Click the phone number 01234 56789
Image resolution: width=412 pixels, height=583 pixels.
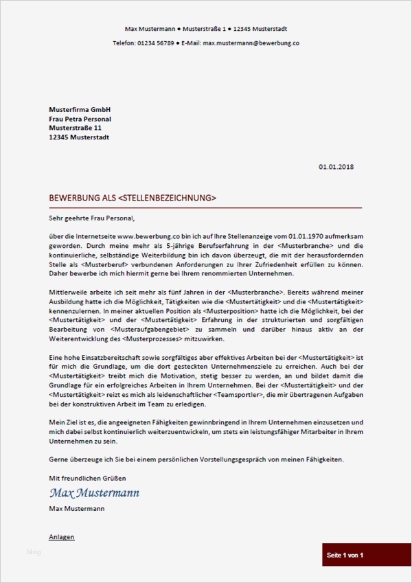click(154, 43)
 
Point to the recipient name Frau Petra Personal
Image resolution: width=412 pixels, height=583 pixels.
click(80, 119)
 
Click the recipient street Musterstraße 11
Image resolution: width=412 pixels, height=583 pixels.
click(76, 128)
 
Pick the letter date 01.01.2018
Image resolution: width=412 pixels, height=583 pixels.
click(336, 167)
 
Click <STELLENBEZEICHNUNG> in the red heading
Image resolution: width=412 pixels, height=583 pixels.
click(167, 198)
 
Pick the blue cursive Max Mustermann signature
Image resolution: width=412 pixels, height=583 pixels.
click(94, 493)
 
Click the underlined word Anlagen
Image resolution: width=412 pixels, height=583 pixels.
click(62, 536)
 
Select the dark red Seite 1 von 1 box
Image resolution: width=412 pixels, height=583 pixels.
click(345, 555)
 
